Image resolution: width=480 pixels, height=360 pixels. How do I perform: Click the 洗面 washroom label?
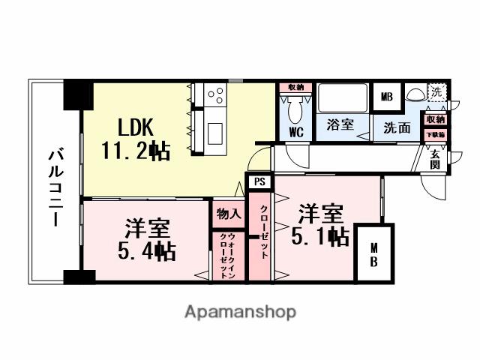tap(397, 127)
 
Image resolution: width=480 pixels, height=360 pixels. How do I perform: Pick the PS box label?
tap(259, 181)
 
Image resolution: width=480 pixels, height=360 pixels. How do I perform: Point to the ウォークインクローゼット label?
tap(227, 255)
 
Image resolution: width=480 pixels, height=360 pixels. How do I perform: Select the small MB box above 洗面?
tap(386, 97)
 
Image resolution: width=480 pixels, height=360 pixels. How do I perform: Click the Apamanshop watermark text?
tap(240, 311)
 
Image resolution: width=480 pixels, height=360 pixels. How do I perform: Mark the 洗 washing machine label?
tap(436, 91)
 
